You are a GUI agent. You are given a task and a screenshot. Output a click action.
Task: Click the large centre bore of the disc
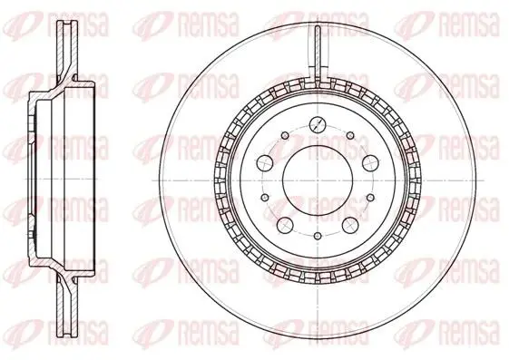pyautogui.click(x=318, y=180)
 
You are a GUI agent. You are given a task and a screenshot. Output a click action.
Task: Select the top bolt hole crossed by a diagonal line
pyautogui.click(x=318, y=124)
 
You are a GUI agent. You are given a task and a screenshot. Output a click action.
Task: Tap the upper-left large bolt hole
pyautogui.click(x=265, y=162)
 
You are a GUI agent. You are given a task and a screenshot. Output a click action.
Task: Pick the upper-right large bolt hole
pyautogui.click(x=371, y=162)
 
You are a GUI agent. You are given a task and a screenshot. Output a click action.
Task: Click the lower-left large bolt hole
pyautogui.click(x=285, y=225)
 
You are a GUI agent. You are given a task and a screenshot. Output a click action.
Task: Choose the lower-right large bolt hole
pyautogui.click(x=351, y=225)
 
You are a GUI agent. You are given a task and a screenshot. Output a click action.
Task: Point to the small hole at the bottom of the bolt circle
pyautogui.click(x=318, y=236)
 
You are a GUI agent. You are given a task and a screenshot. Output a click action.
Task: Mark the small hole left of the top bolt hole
pyautogui.click(x=285, y=135)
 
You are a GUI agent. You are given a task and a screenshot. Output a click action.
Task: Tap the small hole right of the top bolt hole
pyautogui.click(x=350, y=135)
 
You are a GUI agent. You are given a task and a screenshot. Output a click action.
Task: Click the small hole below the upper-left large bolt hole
pyautogui.click(x=265, y=197)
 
